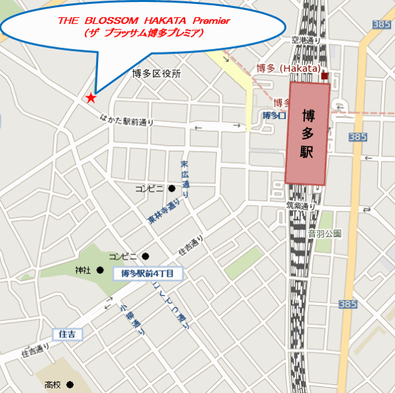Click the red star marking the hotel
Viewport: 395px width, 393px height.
point(90,98)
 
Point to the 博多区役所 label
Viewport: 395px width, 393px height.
point(156,74)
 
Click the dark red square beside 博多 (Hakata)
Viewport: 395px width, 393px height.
point(325,76)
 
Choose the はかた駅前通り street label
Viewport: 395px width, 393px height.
point(127,119)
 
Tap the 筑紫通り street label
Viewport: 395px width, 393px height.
point(301,206)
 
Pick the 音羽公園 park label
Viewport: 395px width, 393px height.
point(325,233)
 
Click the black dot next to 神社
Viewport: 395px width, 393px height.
point(100,270)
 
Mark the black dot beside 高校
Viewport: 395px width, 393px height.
point(69,384)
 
